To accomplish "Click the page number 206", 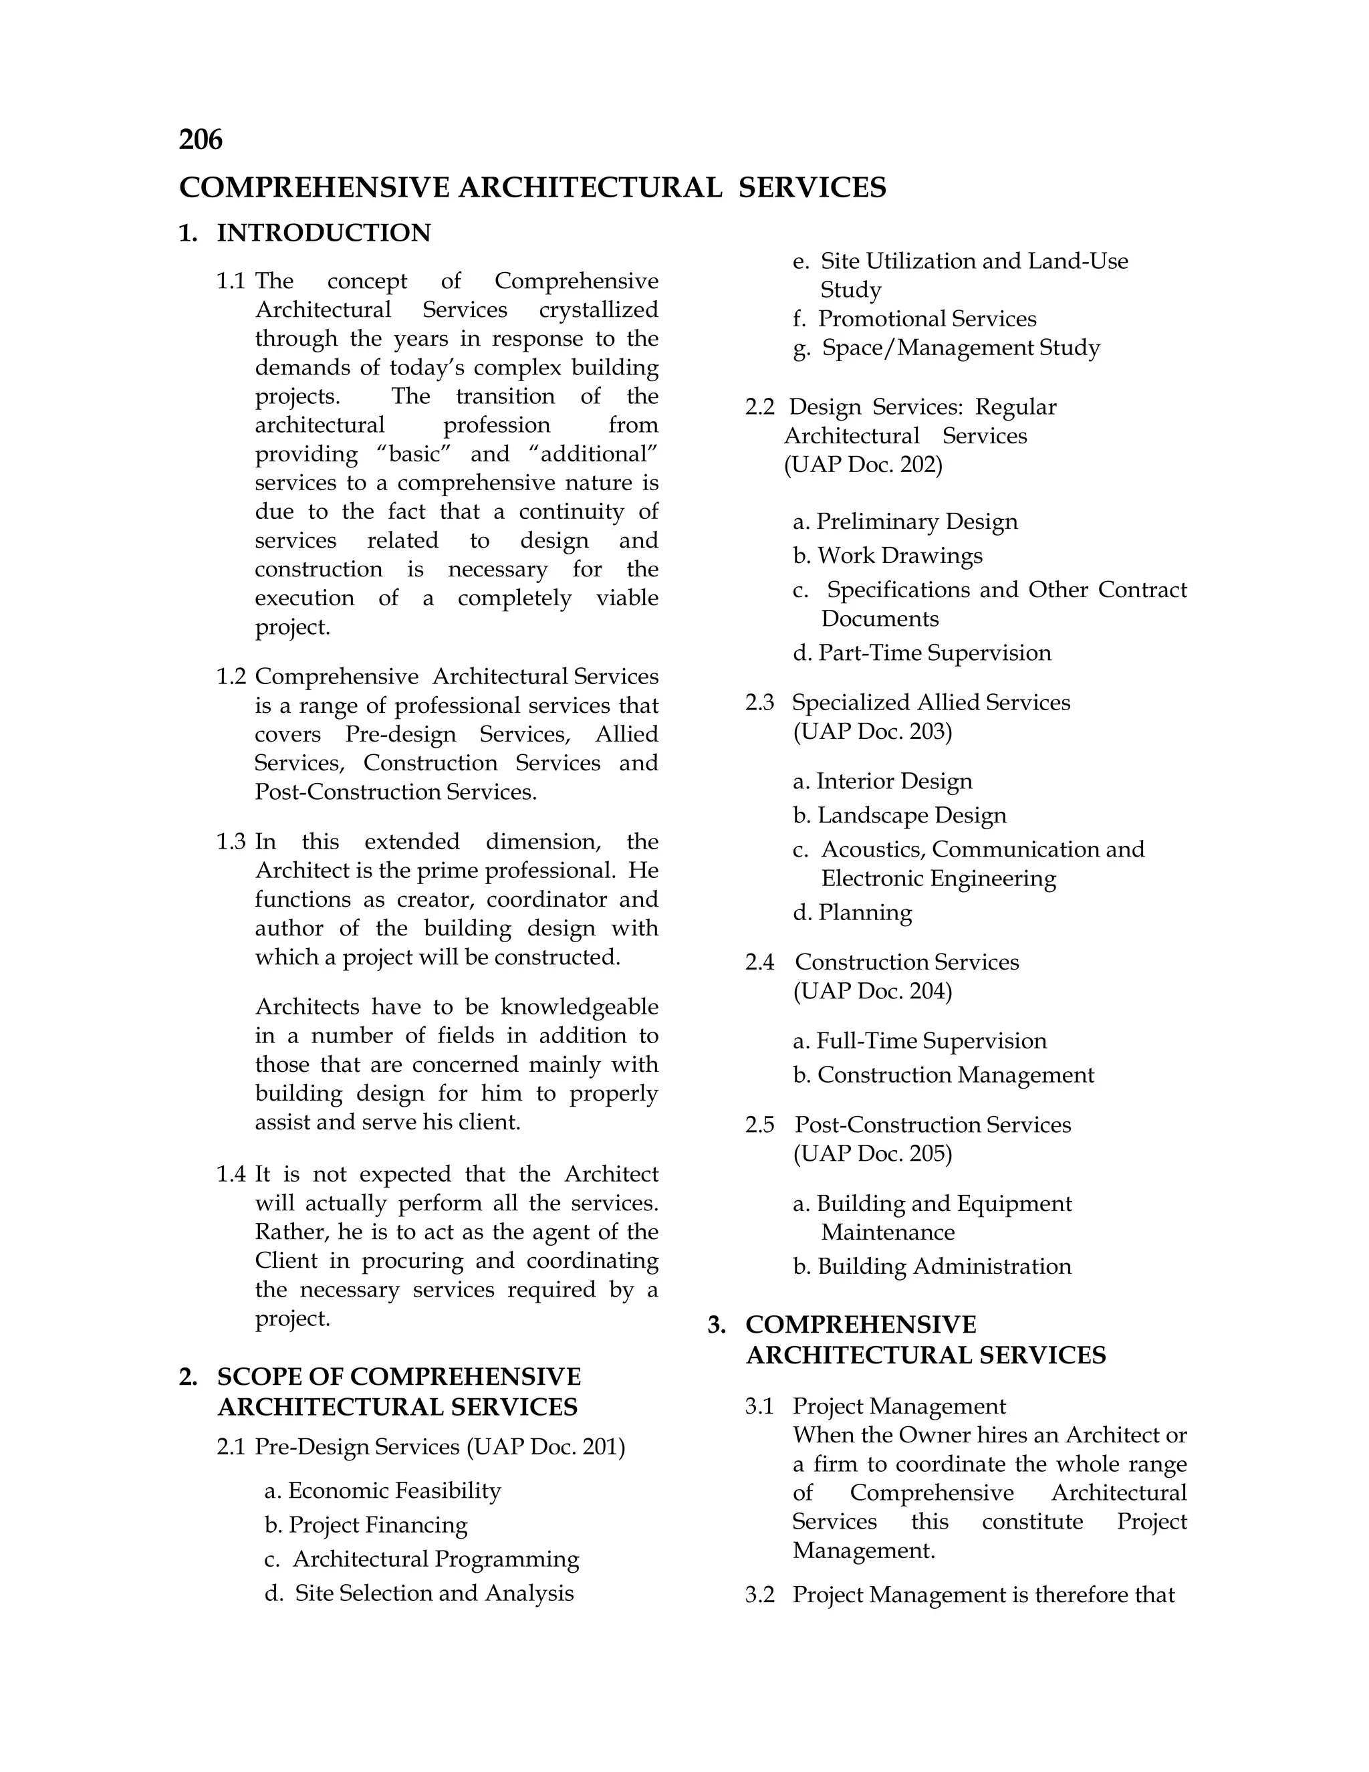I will point(201,140).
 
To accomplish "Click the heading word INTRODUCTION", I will point(324,233).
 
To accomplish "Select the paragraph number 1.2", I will point(231,677).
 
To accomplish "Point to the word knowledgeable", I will point(579,1007).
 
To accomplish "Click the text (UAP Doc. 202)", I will point(863,465).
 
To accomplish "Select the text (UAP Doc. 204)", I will point(872,992).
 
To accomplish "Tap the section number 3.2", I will point(760,1595).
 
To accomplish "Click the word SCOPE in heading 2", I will point(259,1377).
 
